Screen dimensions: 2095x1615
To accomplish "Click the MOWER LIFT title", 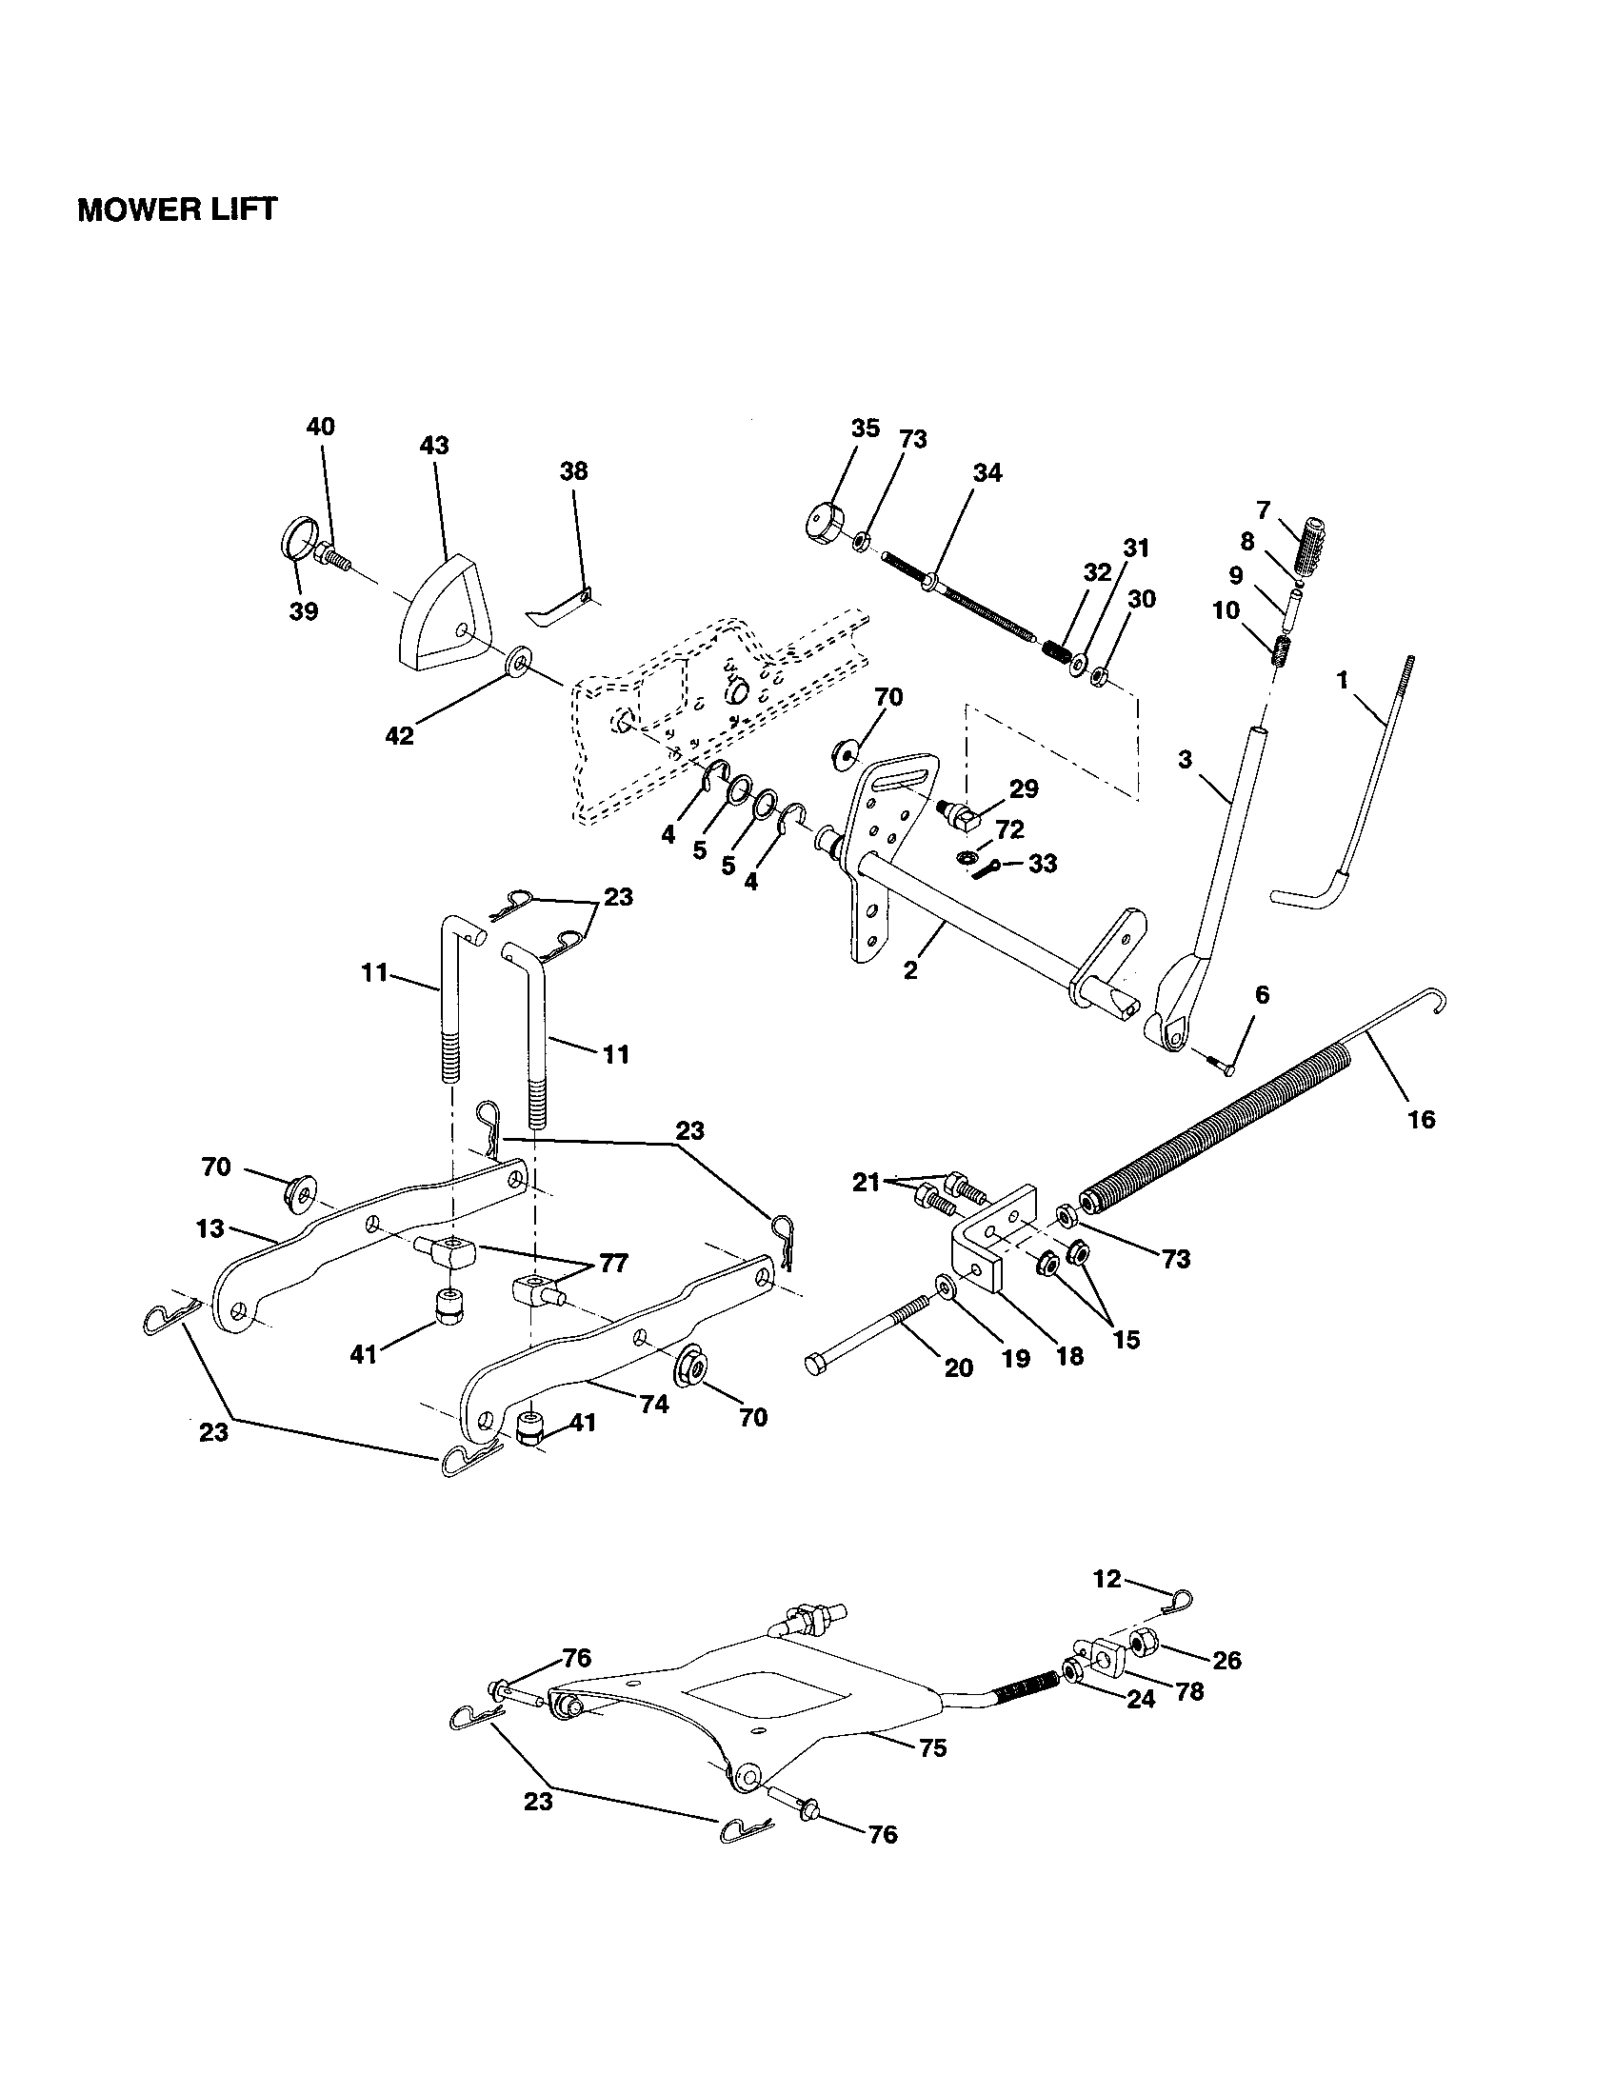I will (x=176, y=209).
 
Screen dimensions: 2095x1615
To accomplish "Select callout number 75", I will (x=932, y=1747).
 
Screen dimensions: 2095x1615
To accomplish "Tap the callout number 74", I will (x=654, y=1403).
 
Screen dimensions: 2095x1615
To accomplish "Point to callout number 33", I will (x=1043, y=864).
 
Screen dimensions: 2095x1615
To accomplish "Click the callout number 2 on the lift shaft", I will (x=910, y=969).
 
